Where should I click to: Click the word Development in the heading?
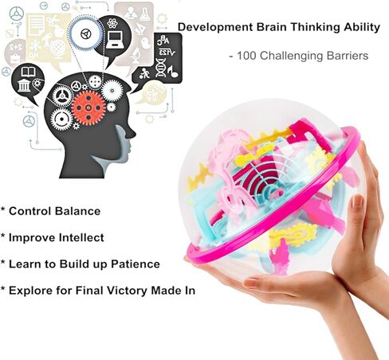[x=215, y=28]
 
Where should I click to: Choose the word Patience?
[x=136, y=264]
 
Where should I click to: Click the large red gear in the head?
[x=88, y=108]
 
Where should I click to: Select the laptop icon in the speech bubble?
[x=114, y=40]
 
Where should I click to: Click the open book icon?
[x=28, y=72]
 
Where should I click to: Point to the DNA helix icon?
[x=161, y=68]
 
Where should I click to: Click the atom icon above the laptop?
[x=112, y=23]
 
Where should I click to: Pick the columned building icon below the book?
[x=24, y=85]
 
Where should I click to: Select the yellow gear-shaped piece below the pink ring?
[x=293, y=234]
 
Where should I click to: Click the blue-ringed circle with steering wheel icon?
[x=85, y=33]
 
